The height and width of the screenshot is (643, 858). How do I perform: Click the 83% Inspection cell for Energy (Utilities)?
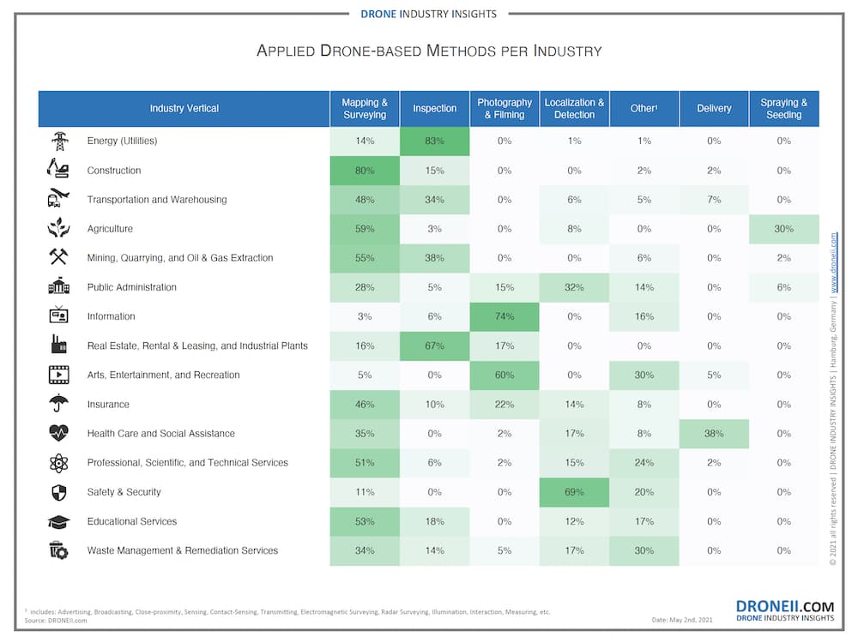click(x=434, y=141)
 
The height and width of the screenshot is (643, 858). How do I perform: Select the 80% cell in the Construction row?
click(x=365, y=171)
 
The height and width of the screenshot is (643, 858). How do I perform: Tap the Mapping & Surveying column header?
click(x=365, y=109)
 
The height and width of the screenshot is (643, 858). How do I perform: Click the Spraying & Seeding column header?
click(x=783, y=109)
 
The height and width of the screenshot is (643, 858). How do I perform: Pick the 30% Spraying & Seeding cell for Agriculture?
click(x=783, y=229)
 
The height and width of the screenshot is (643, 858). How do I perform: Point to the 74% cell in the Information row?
click(x=505, y=316)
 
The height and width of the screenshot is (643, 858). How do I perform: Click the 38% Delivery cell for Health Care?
click(x=714, y=434)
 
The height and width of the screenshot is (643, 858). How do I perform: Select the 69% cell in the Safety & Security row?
click(x=574, y=492)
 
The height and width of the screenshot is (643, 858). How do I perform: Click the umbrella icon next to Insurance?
click(x=58, y=404)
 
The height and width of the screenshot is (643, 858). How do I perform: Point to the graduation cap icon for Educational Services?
click(x=58, y=521)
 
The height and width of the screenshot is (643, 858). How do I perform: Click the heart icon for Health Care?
click(x=58, y=434)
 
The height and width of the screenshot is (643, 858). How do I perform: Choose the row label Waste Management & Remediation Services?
click(x=182, y=550)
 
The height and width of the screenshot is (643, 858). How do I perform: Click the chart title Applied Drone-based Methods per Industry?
click(x=429, y=51)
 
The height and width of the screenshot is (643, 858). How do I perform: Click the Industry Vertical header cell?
click(x=184, y=109)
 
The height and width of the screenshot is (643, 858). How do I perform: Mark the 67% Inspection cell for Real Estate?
click(x=434, y=346)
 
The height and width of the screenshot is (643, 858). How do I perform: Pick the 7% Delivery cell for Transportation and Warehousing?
click(x=714, y=200)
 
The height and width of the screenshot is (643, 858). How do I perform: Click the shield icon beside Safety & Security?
click(x=58, y=492)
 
